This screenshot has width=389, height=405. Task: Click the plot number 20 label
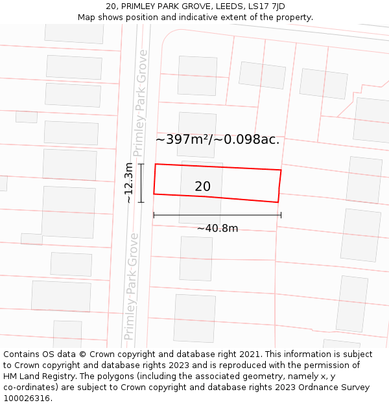[x=202, y=187]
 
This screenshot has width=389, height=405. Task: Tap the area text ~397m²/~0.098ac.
[x=217, y=139]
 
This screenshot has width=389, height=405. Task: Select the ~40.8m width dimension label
[x=217, y=228]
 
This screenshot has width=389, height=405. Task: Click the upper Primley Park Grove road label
[x=139, y=104]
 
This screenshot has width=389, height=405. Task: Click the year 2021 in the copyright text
[x=248, y=354]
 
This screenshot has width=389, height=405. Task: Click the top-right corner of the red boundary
[x=281, y=170]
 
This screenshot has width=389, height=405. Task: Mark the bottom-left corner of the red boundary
[x=154, y=194]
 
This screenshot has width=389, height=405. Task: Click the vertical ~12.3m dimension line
[x=141, y=183]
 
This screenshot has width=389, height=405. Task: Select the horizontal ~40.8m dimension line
[x=217, y=214]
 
